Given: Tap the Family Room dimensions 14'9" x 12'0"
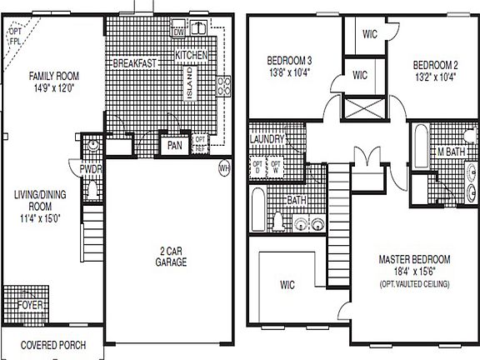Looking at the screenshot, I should (x=52, y=86).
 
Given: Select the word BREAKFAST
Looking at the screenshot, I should (x=135, y=63).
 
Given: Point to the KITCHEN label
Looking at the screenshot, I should (x=192, y=55).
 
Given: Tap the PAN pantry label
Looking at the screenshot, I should (x=174, y=145).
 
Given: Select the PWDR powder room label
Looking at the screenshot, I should (x=91, y=168).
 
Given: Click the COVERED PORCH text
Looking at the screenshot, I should (x=51, y=344).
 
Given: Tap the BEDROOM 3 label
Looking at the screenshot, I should (x=289, y=61).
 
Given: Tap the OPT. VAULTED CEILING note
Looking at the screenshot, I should (x=413, y=284).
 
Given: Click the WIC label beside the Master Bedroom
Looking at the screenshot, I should (x=288, y=285).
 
